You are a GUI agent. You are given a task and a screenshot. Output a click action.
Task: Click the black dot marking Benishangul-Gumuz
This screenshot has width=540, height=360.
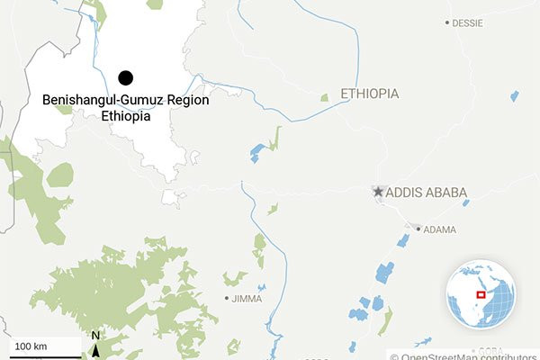125,78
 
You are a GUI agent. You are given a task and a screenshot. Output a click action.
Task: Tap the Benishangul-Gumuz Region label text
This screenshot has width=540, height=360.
125,101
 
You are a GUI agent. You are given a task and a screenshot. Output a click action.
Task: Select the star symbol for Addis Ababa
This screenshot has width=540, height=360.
379,192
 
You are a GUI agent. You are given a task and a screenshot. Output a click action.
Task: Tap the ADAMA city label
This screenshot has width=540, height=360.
439,229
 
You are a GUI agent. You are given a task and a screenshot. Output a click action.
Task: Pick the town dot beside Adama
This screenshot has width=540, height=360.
417,229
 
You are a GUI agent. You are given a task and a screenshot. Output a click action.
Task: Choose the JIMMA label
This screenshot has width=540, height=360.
249,298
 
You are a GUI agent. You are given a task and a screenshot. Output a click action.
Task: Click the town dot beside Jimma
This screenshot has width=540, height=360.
227,298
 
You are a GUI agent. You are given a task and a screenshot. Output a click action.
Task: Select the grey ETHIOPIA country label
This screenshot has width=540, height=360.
369,94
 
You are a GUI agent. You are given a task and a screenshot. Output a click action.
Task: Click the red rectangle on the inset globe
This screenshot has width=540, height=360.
481,293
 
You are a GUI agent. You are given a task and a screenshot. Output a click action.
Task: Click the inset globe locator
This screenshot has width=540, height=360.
481,294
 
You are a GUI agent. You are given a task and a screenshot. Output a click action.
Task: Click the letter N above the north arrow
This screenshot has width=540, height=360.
95,337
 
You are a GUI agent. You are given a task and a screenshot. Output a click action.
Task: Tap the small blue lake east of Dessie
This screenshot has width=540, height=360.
515,95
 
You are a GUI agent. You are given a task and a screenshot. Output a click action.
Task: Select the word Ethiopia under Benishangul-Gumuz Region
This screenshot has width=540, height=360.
125,116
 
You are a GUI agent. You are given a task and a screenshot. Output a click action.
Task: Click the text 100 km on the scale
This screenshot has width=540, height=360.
30,346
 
